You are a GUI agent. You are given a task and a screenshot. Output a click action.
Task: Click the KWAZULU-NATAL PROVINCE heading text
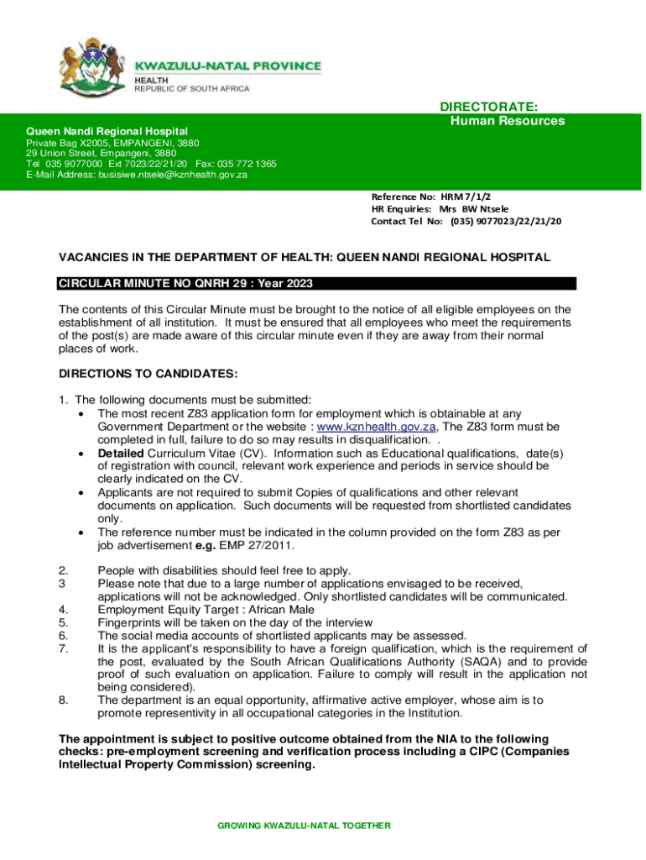pos(228,66)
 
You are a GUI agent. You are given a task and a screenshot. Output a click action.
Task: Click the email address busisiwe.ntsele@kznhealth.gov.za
pos(173,175)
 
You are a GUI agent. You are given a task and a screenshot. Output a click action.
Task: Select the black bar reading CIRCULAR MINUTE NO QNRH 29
pos(317,283)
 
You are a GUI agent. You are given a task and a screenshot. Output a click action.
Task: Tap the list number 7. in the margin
pos(63,648)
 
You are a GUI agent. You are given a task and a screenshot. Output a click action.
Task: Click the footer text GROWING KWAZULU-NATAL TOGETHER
pos(304,826)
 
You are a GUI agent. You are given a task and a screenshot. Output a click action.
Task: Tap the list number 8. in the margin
pos(63,700)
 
